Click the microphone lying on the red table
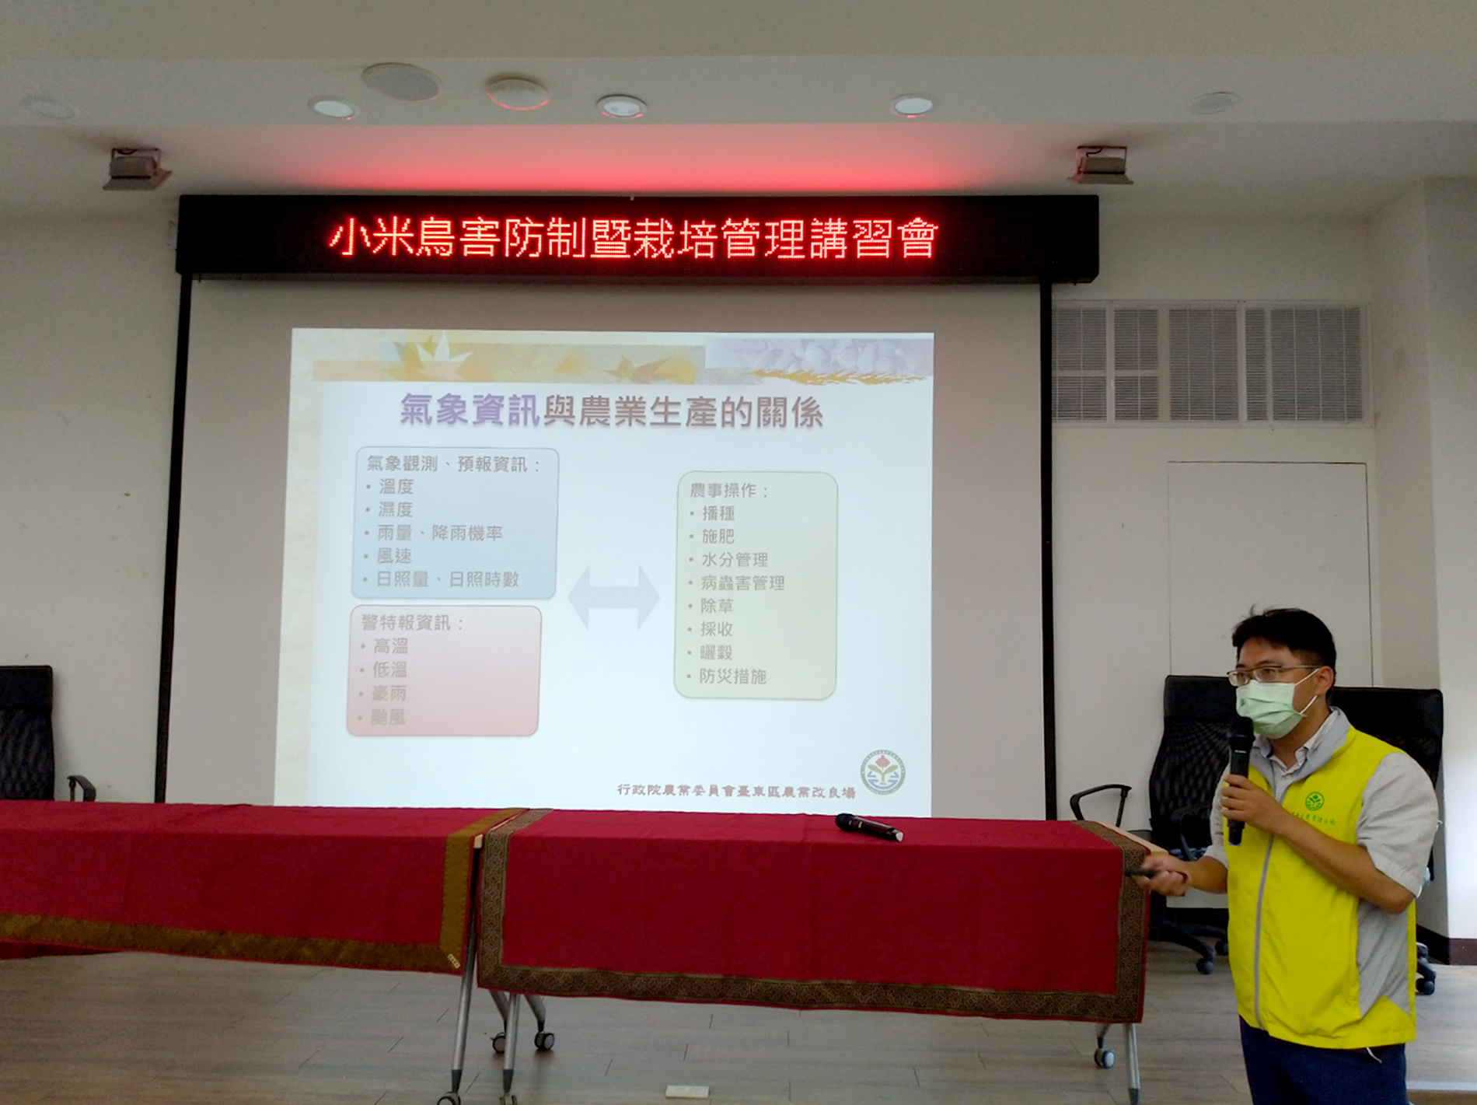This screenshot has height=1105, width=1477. (868, 827)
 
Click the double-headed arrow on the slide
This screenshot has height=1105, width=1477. (613, 597)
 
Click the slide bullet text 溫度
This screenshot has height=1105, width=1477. (396, 487)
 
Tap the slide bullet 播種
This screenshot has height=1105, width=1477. (718, 513)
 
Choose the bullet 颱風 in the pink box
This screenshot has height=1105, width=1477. (387, 717)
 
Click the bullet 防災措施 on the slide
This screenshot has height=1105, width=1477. (732, 677)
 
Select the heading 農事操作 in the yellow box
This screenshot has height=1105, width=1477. (728, 491)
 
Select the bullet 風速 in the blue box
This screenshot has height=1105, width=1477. (393, 556)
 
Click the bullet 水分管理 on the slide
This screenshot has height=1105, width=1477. (734, 559)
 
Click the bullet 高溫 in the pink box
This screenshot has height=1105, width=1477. (389, 646)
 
